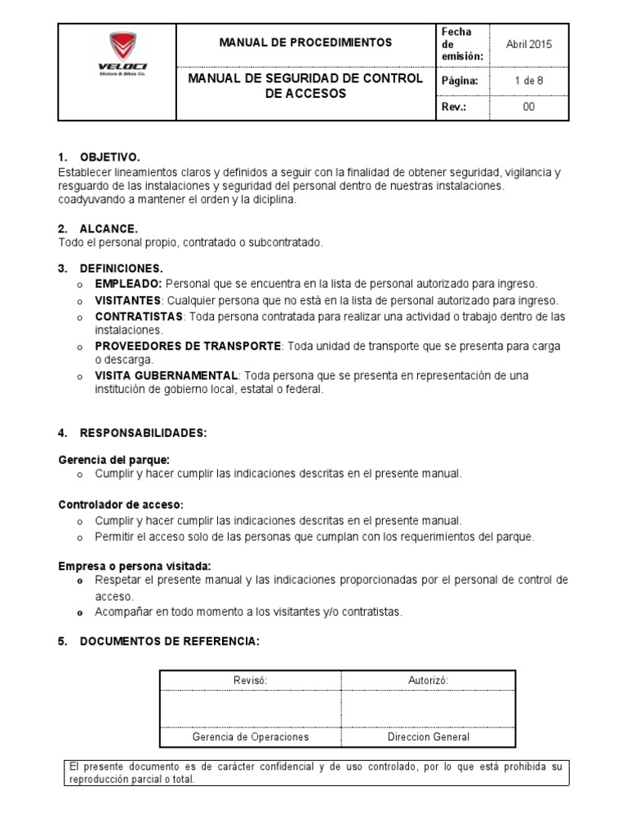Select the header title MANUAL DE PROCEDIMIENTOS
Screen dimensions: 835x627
(x=305, y=42)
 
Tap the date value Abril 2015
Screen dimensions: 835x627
(x=528, y=45)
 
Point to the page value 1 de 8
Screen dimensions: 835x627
(x=528, y=81)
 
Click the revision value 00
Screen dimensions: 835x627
(x=528, y=107)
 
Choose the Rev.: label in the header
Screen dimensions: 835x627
(x=453, y=107)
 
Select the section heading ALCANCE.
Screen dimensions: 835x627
(x=109, y=228)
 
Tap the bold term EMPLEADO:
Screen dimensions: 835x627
(x=129, y=284)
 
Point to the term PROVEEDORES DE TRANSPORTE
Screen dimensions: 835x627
(x=188, y=347)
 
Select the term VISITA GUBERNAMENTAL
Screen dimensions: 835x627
(x=167, y=375)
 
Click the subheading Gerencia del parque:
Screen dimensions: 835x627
(x=113, y=460)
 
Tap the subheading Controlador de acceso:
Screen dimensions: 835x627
(x=121, y=506)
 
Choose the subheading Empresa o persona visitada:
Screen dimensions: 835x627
(x=135, y=566)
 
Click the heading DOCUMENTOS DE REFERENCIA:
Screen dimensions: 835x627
(x=169, y=642)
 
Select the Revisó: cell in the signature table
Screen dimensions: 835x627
(x=251, y=680)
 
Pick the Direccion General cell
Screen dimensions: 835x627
(x=428, y=736)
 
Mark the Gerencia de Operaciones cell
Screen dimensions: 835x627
(x=251, y=736)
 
